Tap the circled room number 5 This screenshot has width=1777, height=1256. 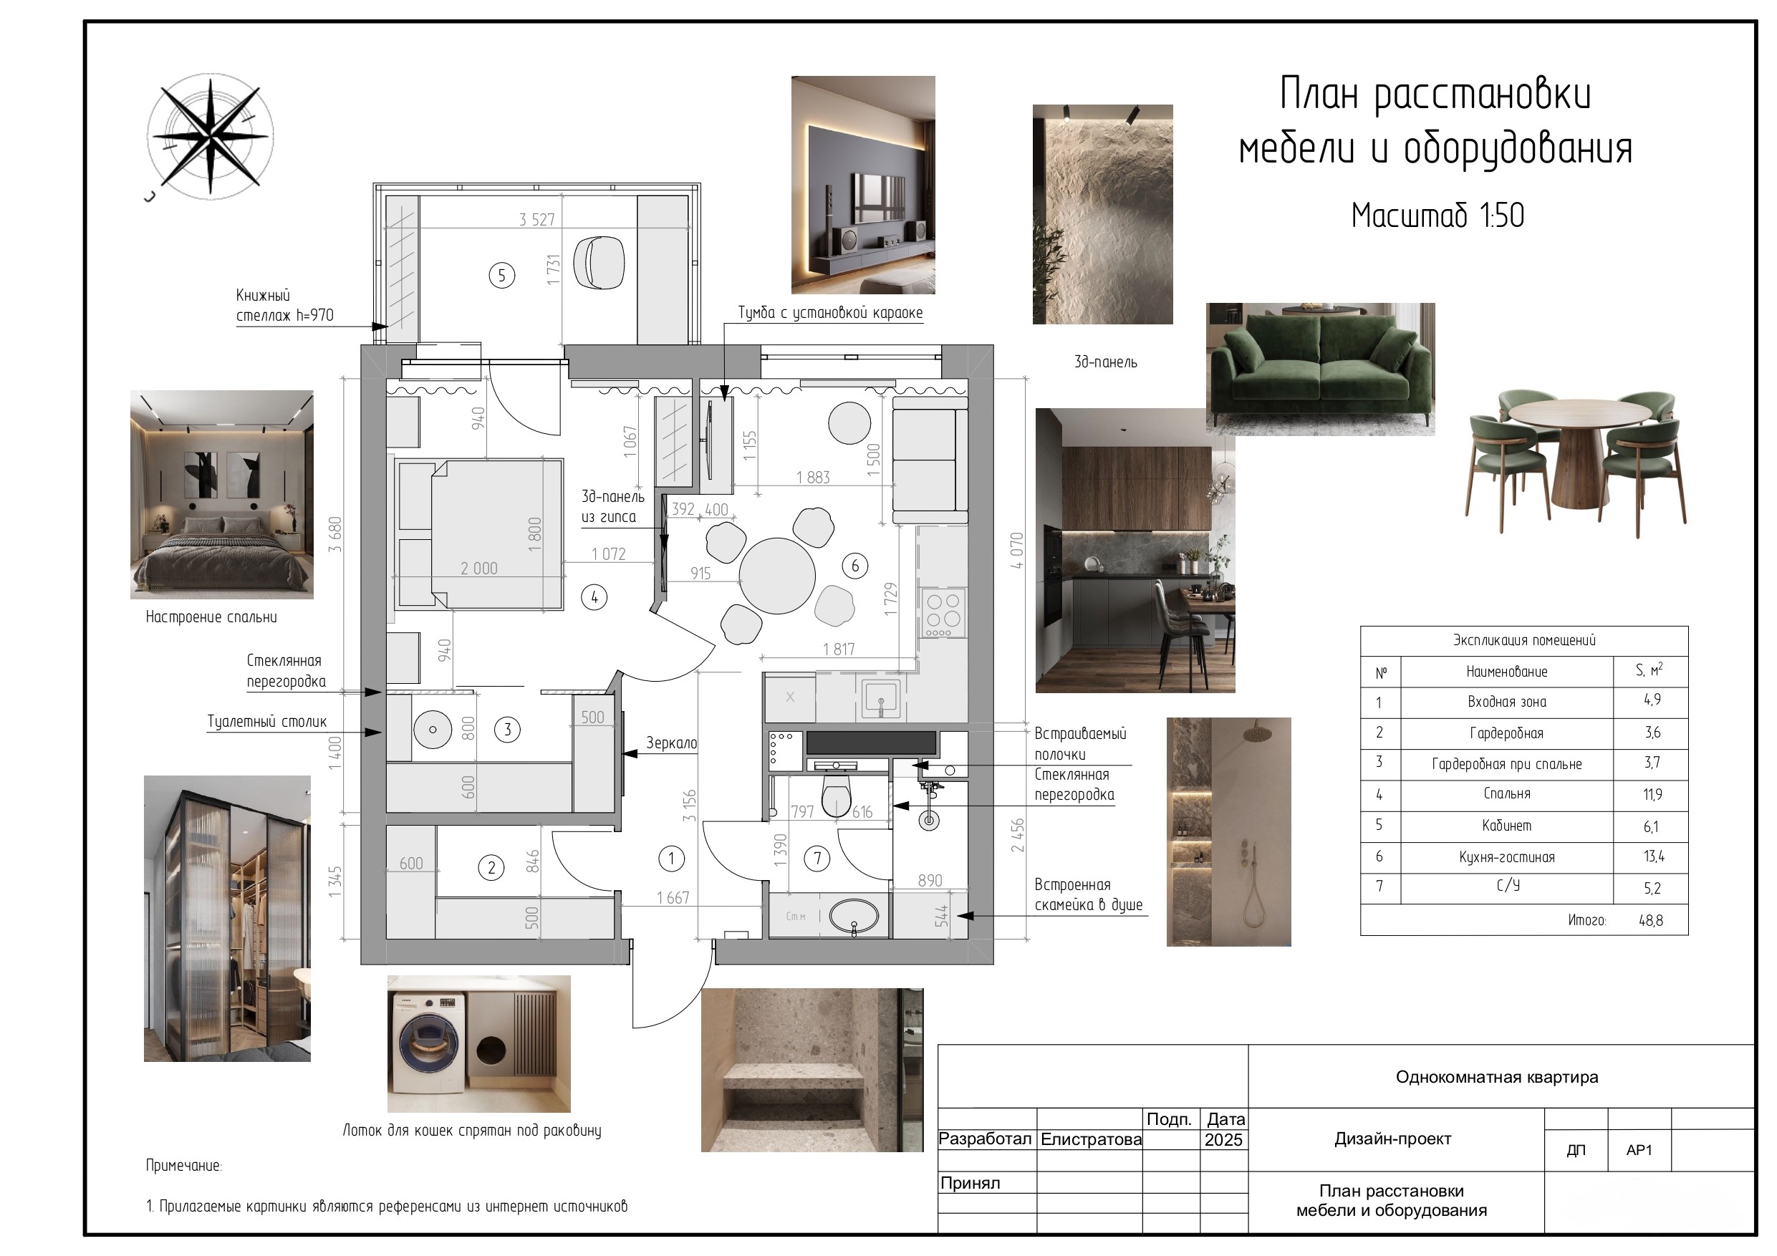click(501, 275)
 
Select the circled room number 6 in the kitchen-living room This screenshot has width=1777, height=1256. click(855, 566)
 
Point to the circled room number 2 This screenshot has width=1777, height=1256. click(491, 867)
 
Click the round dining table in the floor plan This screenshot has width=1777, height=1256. click(777, 575)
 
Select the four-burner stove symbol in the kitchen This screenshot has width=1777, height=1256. click(943, 613)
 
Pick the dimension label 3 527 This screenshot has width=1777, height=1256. click(536, 220)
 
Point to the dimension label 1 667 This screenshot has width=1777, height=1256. click(673, 898)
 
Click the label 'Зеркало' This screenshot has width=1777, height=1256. click(672, 743)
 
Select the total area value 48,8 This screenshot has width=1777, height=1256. click(1650, 920)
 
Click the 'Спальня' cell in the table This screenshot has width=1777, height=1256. click(1507, 794)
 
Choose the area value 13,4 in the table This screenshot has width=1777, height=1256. click(1653, 856)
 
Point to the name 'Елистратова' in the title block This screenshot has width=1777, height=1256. click(1091, 1139)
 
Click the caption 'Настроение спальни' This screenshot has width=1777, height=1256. click(211, 617)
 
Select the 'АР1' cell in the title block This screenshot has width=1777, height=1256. click(1639, 1150)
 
